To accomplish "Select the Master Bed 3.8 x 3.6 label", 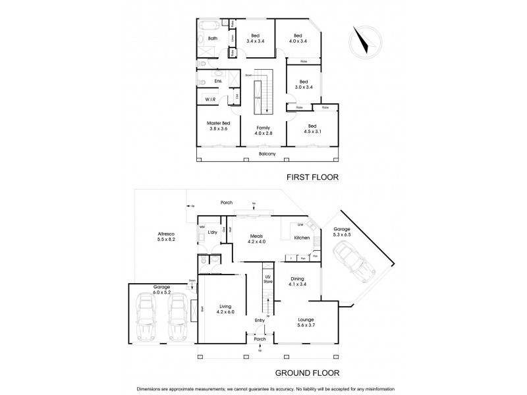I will click(x=218, y=126).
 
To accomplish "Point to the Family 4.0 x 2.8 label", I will click(x=263, y=130).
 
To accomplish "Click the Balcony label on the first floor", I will click(x=267, y=154).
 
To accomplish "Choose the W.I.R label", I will click(x=211, y=99).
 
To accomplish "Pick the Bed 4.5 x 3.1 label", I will click(x=312, y=128).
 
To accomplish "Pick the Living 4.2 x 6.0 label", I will click(x=225, y=308).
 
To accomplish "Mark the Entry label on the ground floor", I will click(x=260, y=321).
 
